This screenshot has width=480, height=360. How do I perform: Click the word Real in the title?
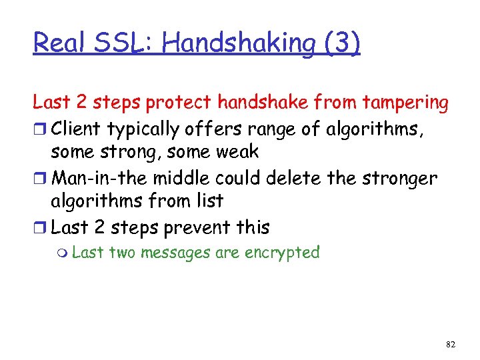(58, 43)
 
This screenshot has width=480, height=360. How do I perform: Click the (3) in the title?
(342, 44)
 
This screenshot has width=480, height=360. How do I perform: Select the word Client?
(75, 129)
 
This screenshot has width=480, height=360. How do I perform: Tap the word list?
(209, 201)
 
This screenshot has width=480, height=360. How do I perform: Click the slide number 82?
(450, 343)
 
